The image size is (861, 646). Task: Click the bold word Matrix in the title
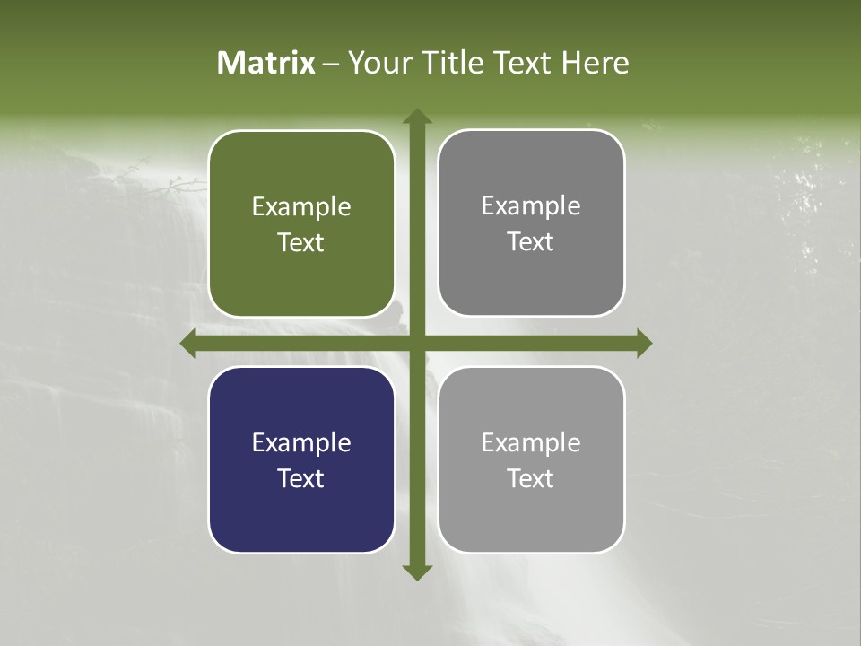click(x=266, y=63)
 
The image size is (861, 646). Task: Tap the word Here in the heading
click(x=595, y=63)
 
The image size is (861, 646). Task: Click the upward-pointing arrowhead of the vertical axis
click(x=416, y=117)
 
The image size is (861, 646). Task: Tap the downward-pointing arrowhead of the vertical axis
click(x=416, y=572)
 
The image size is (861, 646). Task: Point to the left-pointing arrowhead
click(x=188, y=343)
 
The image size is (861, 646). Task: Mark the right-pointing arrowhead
click(x=643, y=343)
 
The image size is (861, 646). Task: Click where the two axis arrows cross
click(x=416, y=343)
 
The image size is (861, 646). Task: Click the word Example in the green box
click(x=301, y=207)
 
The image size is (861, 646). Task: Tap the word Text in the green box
click(x=301, y=242)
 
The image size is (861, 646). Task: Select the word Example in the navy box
click(x=301, y=443)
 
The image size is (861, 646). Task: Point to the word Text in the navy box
click(x=301, y=478)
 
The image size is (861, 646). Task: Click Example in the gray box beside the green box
click(x=531, y=206)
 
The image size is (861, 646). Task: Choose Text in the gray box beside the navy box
click(x=531, y=478)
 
